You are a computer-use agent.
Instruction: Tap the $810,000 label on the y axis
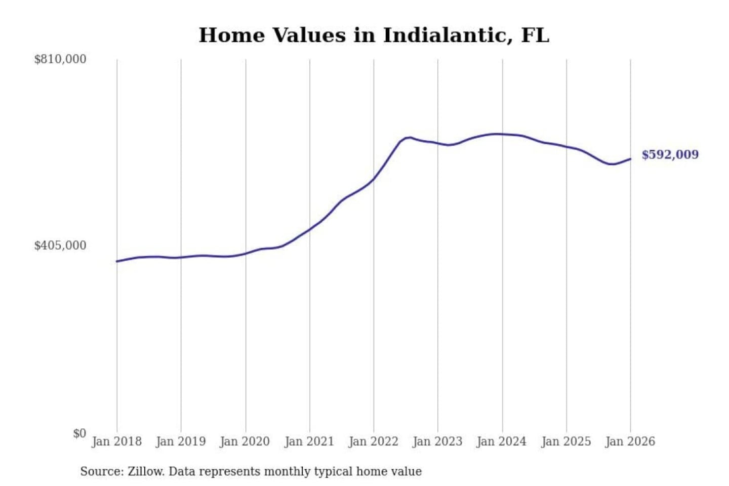tap(60, 59)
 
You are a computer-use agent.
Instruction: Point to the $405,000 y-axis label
tap(60, 246)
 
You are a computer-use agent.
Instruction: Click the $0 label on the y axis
tap(79, 433)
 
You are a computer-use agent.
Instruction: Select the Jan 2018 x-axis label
tap(116, 441)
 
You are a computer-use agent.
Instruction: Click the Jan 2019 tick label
tap(181, 441)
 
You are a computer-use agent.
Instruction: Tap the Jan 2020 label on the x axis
tap(245, 441)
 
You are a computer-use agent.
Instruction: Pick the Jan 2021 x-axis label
tap(309, 441)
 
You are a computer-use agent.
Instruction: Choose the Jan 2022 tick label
tap(374, 441)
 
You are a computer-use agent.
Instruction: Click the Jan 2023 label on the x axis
tap(437, 441)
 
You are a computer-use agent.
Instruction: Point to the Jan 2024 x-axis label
tap(502, 441)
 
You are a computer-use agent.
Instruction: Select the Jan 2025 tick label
tap(566, 441)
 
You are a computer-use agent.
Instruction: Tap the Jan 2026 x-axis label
tap(630, 441)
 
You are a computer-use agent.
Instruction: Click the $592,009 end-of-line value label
tap(670, 154)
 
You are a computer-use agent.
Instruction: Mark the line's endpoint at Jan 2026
tap(630, 159)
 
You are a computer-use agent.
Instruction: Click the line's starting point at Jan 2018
tap(117, 261)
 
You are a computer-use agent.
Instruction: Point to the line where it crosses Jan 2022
tap(374, 179)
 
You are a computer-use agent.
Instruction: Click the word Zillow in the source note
tap(145, 472)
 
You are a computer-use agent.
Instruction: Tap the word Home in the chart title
tap(231, 35)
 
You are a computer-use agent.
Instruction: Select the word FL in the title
tap(535, 35)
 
